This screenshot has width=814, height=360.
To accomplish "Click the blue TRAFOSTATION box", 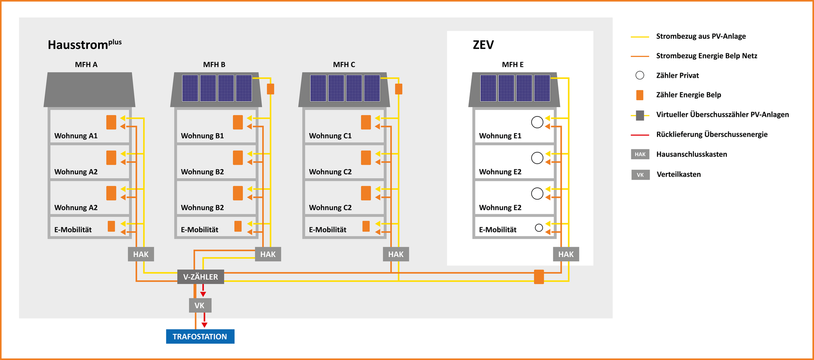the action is [200, 336].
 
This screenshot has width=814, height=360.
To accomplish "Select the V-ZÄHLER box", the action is [201, 277].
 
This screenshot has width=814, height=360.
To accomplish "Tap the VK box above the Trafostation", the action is [200, 305].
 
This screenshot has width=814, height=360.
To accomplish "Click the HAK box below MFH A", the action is [141, 254].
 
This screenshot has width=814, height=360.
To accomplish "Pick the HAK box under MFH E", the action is [566, 254].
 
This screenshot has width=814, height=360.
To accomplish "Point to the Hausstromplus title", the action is [85, 44].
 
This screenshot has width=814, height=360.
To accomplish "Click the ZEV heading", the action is [483, 45].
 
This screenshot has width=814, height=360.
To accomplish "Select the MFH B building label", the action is [214, 65].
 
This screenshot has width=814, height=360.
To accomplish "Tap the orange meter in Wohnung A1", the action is [111, 122].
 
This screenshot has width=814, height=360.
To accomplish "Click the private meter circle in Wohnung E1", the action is [537, 122].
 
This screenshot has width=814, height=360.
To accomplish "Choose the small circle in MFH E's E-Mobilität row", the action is [539, 228].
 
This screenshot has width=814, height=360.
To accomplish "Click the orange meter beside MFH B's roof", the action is [270, 89].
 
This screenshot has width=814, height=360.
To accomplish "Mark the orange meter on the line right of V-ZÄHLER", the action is [539, 277].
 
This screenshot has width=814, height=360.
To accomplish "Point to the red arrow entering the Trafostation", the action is [204, 320].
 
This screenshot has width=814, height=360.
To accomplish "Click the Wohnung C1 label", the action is [330, 136].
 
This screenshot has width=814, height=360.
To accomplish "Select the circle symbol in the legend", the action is [640, 75].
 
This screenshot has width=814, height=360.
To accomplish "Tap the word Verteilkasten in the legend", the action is [678, 174].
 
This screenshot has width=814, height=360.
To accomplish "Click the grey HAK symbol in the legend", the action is [640, 154].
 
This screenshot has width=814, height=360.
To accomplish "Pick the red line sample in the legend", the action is [640, 135].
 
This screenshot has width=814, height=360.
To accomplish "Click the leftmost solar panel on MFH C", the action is [318, 88].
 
